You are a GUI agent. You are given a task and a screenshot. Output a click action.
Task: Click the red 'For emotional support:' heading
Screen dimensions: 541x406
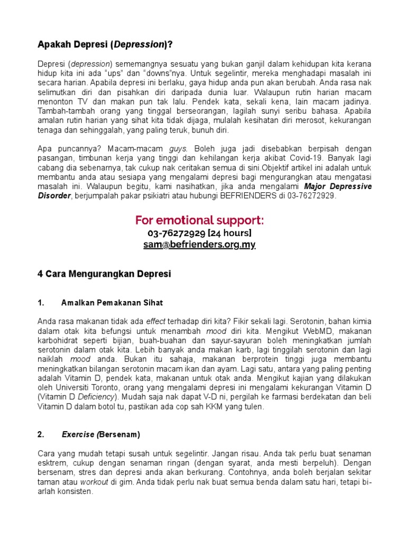(199, 220)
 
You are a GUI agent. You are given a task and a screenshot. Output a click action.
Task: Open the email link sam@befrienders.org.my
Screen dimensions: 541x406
(199, 245)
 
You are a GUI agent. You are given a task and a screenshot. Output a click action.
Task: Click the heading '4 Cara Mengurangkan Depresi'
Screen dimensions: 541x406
(104, 274)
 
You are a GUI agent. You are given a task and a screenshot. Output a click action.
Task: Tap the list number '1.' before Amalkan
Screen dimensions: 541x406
(41, 303)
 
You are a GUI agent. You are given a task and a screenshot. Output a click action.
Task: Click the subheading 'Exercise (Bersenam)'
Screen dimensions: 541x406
(101, 435)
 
